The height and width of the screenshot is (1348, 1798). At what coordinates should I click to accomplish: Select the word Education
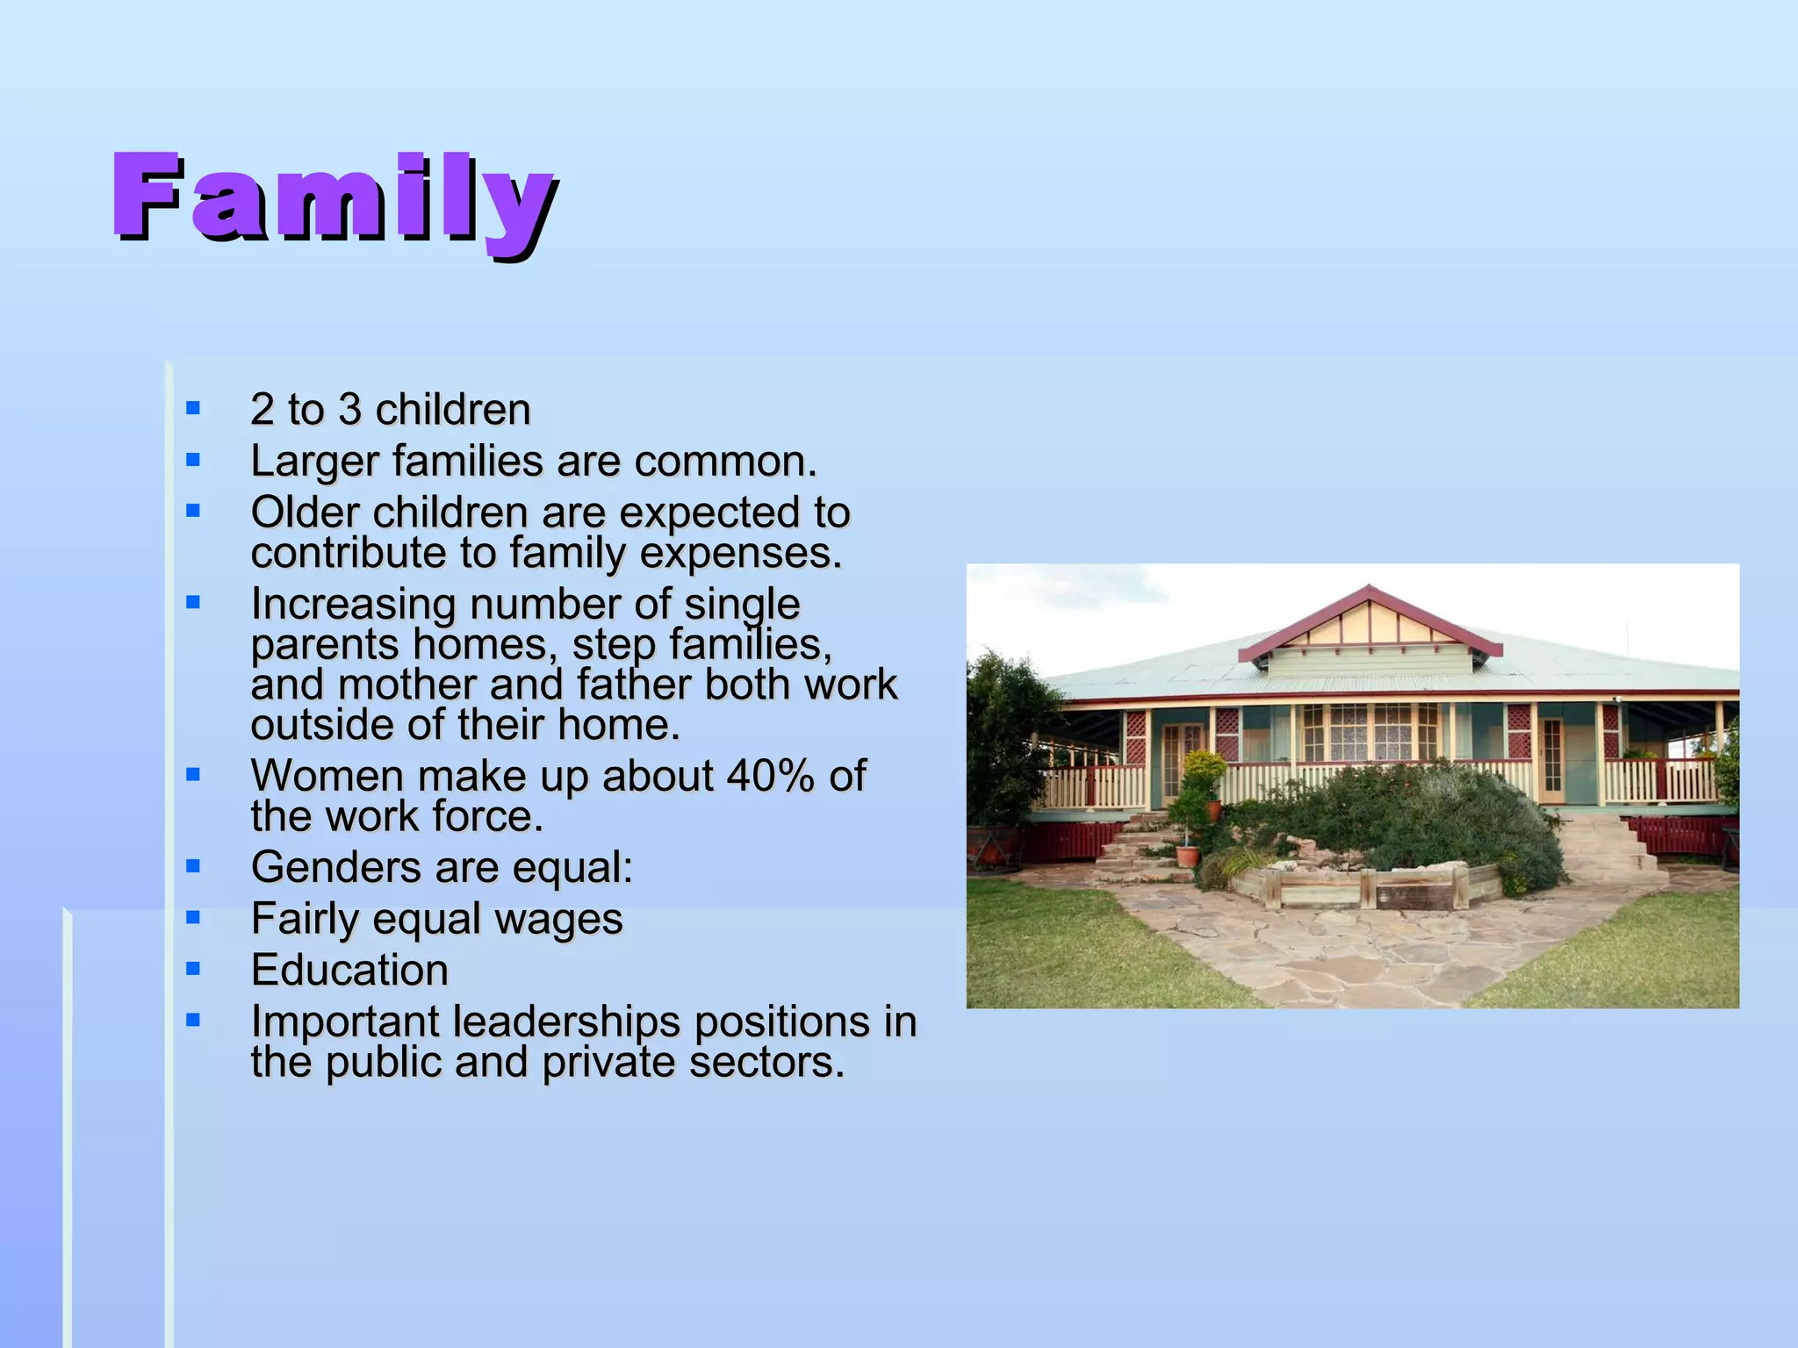pos(349,971)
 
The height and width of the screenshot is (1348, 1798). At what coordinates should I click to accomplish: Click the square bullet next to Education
pos(193,969)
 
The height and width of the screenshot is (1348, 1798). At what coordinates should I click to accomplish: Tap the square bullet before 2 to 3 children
pos(193,408)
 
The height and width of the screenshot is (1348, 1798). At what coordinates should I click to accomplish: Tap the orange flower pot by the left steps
pos(1186,855)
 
